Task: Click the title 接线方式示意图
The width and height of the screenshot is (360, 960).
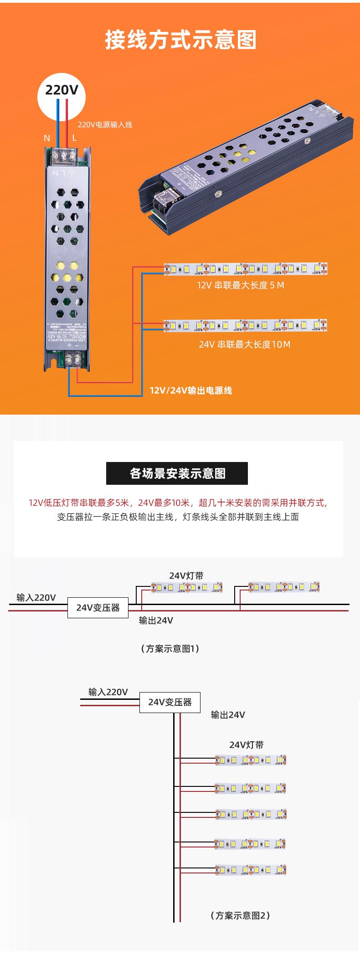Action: (x=181, y=40)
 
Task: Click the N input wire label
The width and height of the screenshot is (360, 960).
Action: (x=46, y=138)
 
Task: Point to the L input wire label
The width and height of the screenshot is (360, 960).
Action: (x=74, y=138)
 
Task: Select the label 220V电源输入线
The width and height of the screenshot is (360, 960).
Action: (x=105, y=124)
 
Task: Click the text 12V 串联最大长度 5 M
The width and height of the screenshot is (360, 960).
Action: (x=241, y=286)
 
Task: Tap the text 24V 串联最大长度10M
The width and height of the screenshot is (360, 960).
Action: (x=244, y=344)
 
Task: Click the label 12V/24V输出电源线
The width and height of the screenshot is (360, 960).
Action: (x=191, y=390)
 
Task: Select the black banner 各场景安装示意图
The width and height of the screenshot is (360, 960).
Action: (x=177, y=473)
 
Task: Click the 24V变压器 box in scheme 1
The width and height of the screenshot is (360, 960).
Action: (x=98, y=608)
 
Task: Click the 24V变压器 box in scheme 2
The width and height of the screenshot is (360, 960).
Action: (x=170, y=702)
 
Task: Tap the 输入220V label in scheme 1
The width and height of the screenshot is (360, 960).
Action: (x=36, y=597)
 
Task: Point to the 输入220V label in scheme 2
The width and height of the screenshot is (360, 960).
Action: (x=108, y=692)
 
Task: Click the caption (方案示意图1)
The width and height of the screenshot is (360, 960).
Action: (x=170, y=648)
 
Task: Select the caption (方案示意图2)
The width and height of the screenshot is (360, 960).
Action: (x=240, y=915)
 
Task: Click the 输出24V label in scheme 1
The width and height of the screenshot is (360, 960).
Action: (x=156, y=620)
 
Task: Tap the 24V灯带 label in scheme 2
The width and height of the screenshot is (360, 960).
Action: (x=246, y=745)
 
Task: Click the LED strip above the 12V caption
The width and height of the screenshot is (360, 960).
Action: (x=246, y=269)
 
